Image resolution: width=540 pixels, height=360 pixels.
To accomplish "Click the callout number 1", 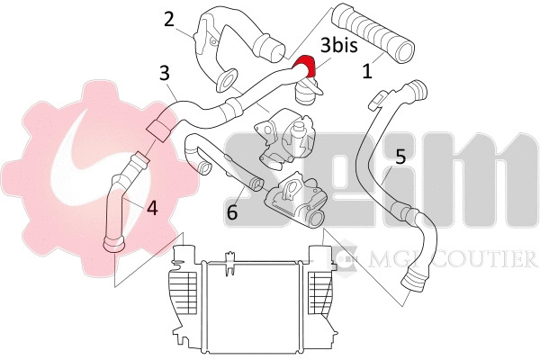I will pos(367,71).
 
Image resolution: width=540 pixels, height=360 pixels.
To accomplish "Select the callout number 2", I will pos(168,18).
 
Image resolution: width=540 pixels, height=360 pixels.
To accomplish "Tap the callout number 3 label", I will pos(164,71).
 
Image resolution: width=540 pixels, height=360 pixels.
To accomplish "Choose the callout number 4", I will pos(152,208).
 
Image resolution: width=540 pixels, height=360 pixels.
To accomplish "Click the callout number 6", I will pos(231,214).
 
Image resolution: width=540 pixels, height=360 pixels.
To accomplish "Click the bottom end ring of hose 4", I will pos(113,243).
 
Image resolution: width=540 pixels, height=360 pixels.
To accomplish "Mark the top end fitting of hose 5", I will pos(414,91).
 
